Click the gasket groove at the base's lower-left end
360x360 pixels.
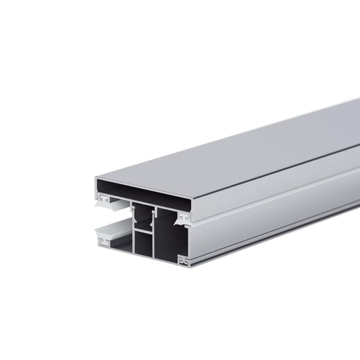point(104,243)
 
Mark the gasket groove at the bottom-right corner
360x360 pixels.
point(183,261)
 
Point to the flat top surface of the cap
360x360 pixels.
point(229,149)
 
